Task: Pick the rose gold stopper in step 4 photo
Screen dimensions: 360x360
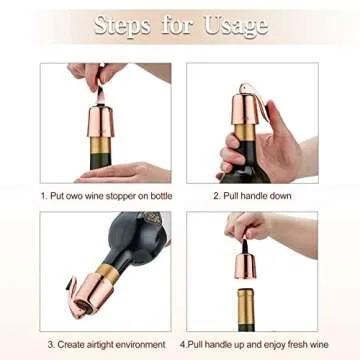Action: pyautogui.click(x=244, y=262)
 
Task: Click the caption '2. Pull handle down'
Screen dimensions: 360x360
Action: pyautogui.click(x=251, y=196)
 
